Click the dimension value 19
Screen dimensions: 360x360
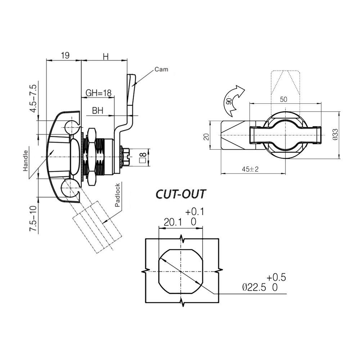pyautogui.click(x=65, y=55)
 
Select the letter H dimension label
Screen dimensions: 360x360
pyautogui.click(x=105, y=56)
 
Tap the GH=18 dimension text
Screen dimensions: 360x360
pyautogui.click(x=98, y=93)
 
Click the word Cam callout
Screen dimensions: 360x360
pyautogui.click(x=161, y=69)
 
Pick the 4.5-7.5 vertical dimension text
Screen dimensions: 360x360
pyautogui.click(x=33, y=98)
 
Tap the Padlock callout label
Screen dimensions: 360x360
pyautogui.click(x=118, y=195)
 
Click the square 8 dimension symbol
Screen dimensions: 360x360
pyautogui.click(x=143, y=156)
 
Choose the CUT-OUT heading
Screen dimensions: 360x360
pyautogui.click(x=180, y=194)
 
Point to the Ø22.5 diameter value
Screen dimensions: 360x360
pyautogui.click(x=254, y=287)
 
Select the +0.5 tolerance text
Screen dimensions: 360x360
pyautogui.click(x=276, y=277)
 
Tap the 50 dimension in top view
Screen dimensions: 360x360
pyautogui.click(x=284, y=100)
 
